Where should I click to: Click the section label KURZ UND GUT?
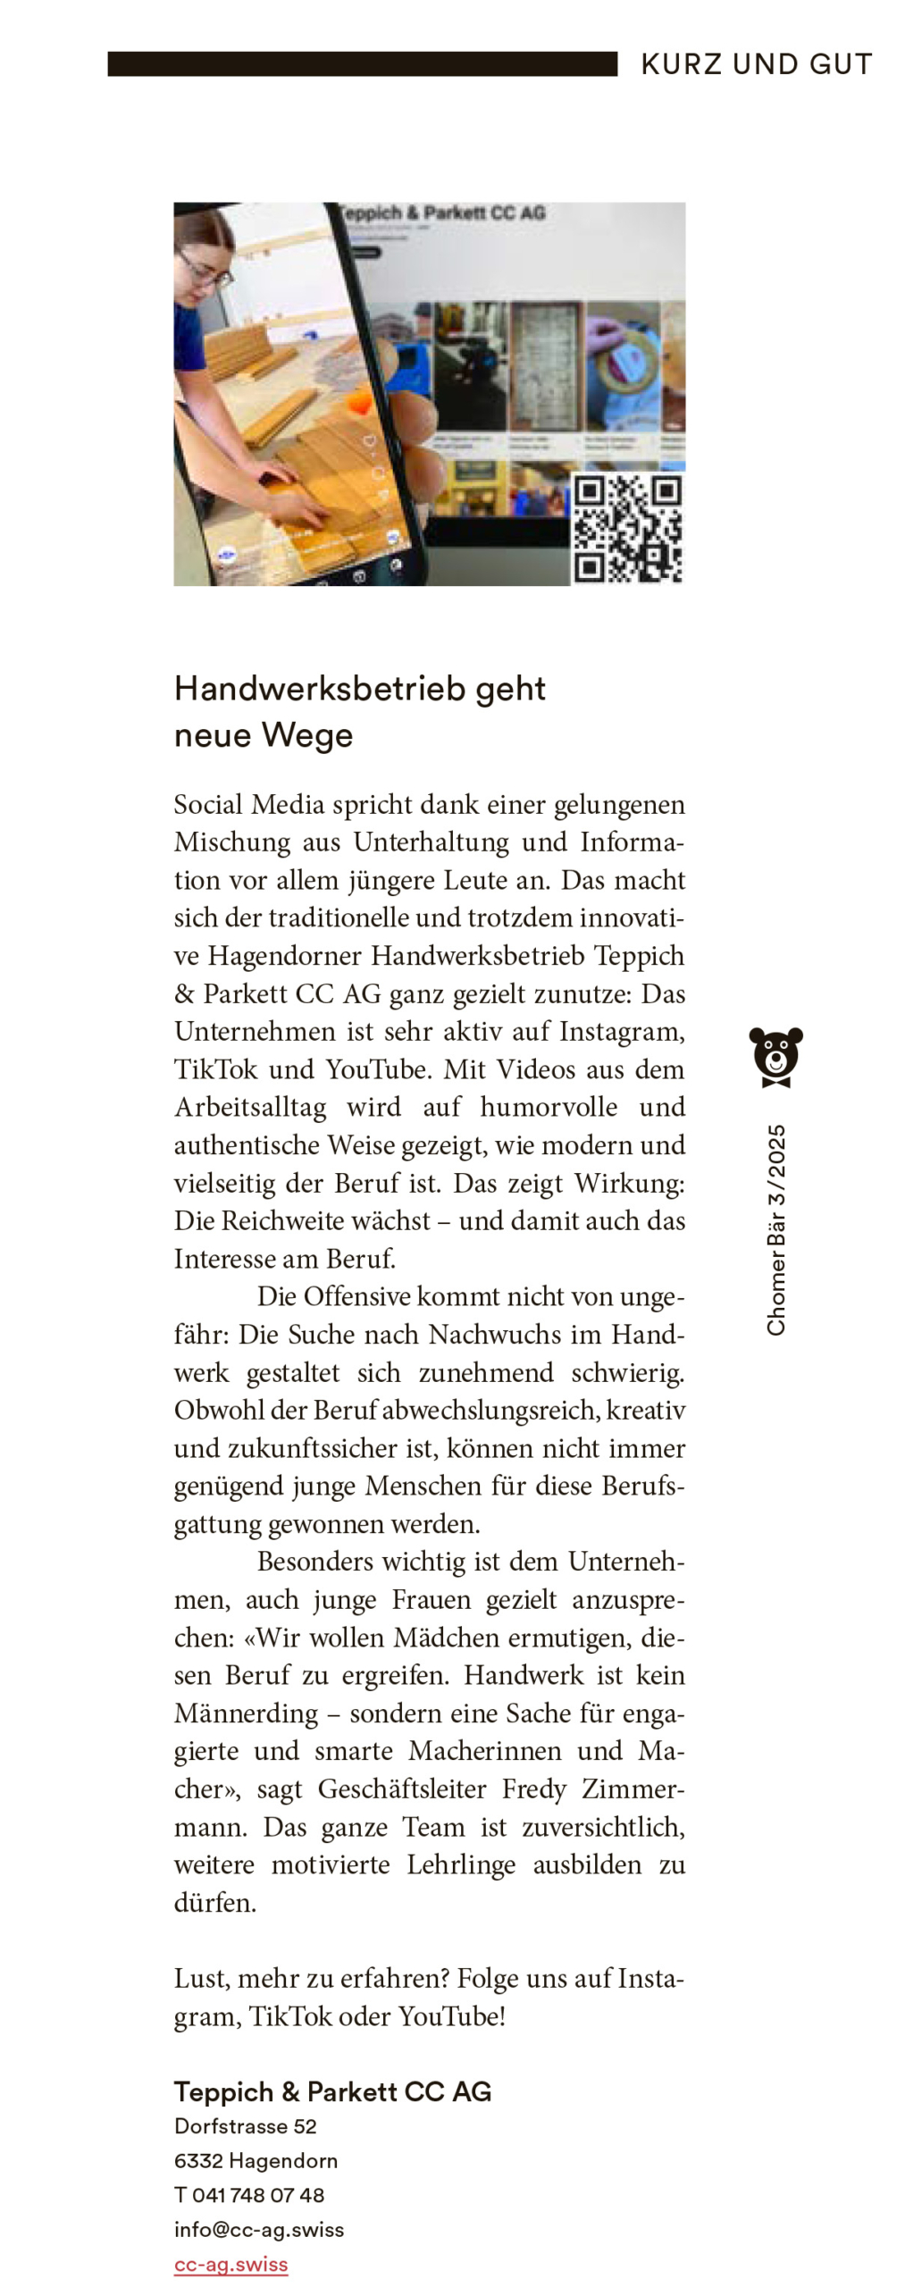pos(756,64)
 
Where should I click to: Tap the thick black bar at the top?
pos(362,64)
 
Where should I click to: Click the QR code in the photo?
pos(627,528)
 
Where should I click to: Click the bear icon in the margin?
pos(775,1056)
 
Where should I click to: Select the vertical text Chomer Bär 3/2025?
pos(775,1229)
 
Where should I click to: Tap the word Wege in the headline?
pos(307,735)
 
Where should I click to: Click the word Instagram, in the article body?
pos(622,1031)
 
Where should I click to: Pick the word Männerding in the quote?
pos(246,1713)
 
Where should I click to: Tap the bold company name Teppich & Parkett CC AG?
pos(332,2091)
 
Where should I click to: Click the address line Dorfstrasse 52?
pos(245,2126)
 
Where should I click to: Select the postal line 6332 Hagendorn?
pos(256,2160)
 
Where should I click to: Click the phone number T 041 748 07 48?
pos(248,2195)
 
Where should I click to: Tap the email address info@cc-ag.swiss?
pos(258,2229)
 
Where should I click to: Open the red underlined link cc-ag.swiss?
pos(230,2264)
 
